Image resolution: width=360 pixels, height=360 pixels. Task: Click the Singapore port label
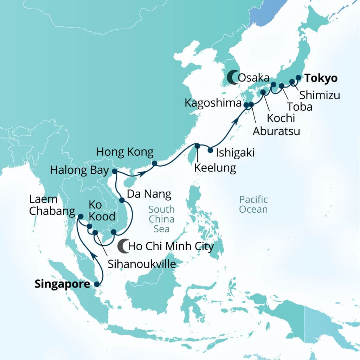(62, 284)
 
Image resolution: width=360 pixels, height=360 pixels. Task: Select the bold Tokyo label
(321, 78)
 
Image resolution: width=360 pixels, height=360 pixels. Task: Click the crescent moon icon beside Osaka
(232, 77)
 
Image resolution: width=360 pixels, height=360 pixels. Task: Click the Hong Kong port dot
(154, 163)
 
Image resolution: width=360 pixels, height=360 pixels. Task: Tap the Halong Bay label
(79, 171)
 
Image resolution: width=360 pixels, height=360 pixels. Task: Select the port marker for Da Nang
(122, 200)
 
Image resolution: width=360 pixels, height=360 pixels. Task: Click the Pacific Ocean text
(253, 204)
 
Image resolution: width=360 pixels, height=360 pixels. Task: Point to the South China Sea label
(161, 219)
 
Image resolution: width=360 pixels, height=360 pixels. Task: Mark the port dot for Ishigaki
(210, 150)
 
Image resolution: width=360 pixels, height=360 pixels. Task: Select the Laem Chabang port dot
(81, 217)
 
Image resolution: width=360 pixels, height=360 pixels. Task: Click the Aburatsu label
(276, 131)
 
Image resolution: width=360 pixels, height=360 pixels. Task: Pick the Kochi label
(280, 118)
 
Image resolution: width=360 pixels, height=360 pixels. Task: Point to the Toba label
(299, 107)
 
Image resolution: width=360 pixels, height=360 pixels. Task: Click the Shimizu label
(320, 95)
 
